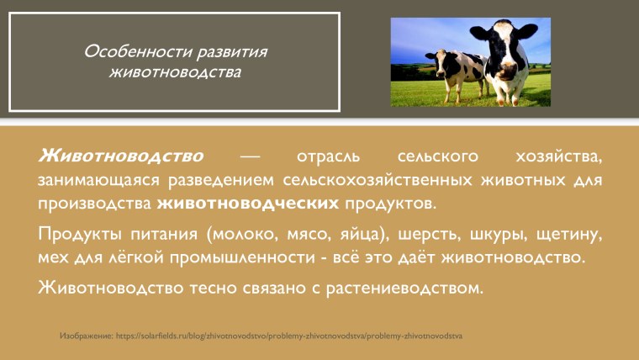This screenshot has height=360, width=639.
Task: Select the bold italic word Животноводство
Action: coord(121,157)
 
